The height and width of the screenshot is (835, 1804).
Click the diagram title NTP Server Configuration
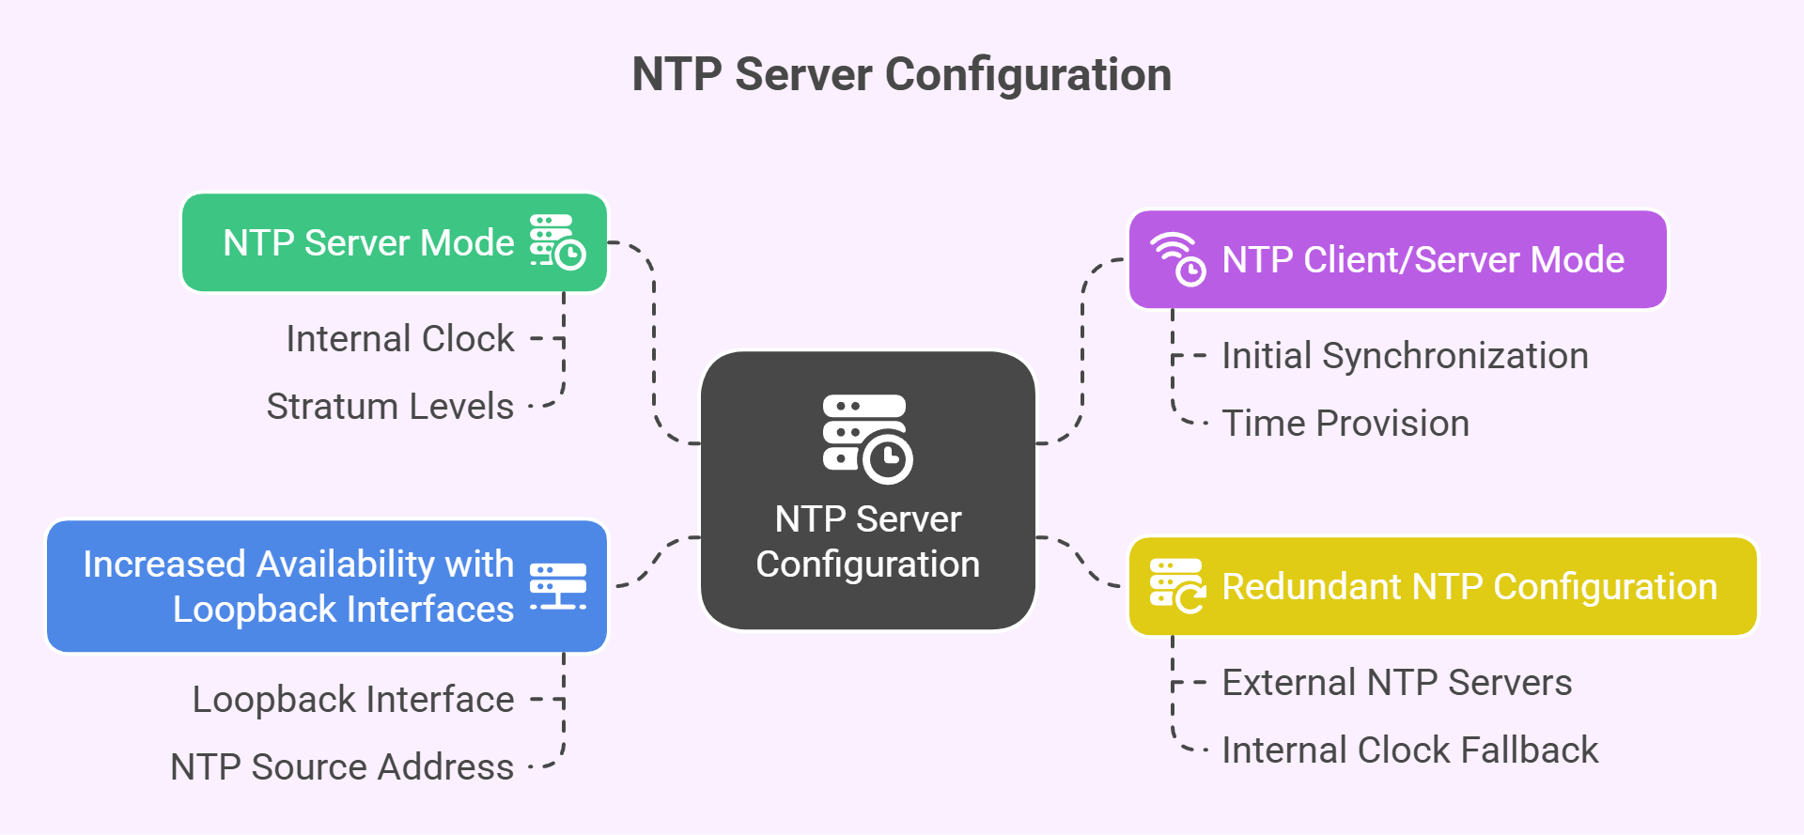click(901, 74)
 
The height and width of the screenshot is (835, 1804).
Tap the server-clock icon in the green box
click(557, 242)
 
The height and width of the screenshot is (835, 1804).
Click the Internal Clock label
click(400, 339)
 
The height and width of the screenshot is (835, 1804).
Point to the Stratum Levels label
click(390, 407)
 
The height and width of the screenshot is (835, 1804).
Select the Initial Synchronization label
click(1405, 356)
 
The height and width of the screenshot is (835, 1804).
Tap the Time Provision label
click(1345, 424)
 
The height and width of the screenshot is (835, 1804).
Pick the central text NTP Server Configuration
click(867, 542)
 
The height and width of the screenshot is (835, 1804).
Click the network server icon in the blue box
click(558, 587)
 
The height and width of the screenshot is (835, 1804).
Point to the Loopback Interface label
click(353, 700)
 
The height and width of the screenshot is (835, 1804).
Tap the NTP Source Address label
click(342, 767)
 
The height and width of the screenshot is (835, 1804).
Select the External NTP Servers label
click(1396, 683)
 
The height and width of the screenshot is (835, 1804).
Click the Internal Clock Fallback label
click(1409, 750)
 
